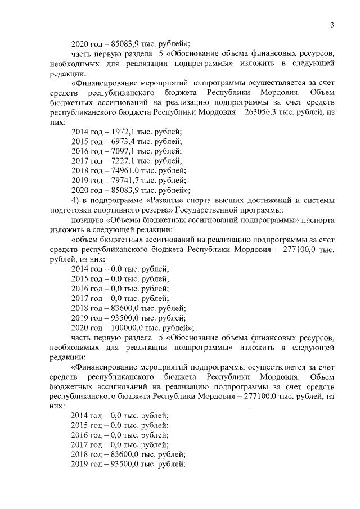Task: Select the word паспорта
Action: coord(319,219)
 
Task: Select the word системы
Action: coord(321,200)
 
